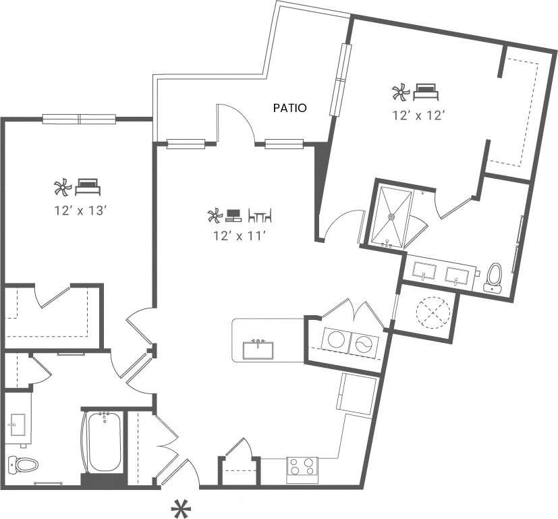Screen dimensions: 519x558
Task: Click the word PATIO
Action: [x=290, y=107]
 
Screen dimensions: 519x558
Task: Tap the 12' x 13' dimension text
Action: [x=82, y=211]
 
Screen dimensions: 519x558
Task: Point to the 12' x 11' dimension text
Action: [x=239, y=236]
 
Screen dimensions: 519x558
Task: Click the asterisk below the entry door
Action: [x=180, y=508]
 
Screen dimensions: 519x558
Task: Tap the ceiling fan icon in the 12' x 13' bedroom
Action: [x=62, y=186]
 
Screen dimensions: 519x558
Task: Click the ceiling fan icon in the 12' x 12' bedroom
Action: [x=399, y=91]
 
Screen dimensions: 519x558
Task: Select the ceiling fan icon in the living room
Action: [x=215, y=217]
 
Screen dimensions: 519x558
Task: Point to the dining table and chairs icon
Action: [x=260, y=216]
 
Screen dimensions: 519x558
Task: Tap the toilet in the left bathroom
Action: [x=20, y=464]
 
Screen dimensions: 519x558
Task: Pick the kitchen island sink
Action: [x=258, y=350]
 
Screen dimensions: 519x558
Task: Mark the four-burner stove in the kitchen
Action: [x=302, y=467]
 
